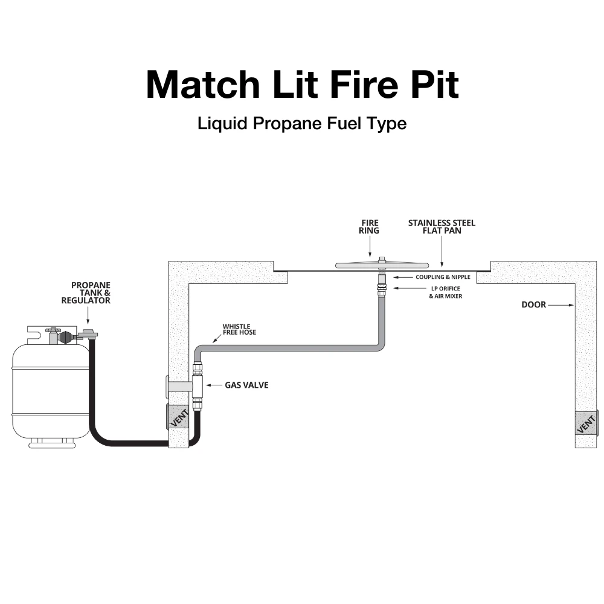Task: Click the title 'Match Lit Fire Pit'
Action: [302, 85]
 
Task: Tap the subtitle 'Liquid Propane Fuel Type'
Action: [302, 124]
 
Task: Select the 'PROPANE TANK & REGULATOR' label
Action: [91, 292]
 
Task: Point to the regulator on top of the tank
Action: [88, 334]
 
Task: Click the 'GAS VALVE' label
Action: [246, 385]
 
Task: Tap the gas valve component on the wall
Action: [197, 385]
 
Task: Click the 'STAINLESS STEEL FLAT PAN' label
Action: [442, 227]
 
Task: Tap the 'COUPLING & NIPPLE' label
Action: [443, 277]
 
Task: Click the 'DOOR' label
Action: [533, 305]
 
